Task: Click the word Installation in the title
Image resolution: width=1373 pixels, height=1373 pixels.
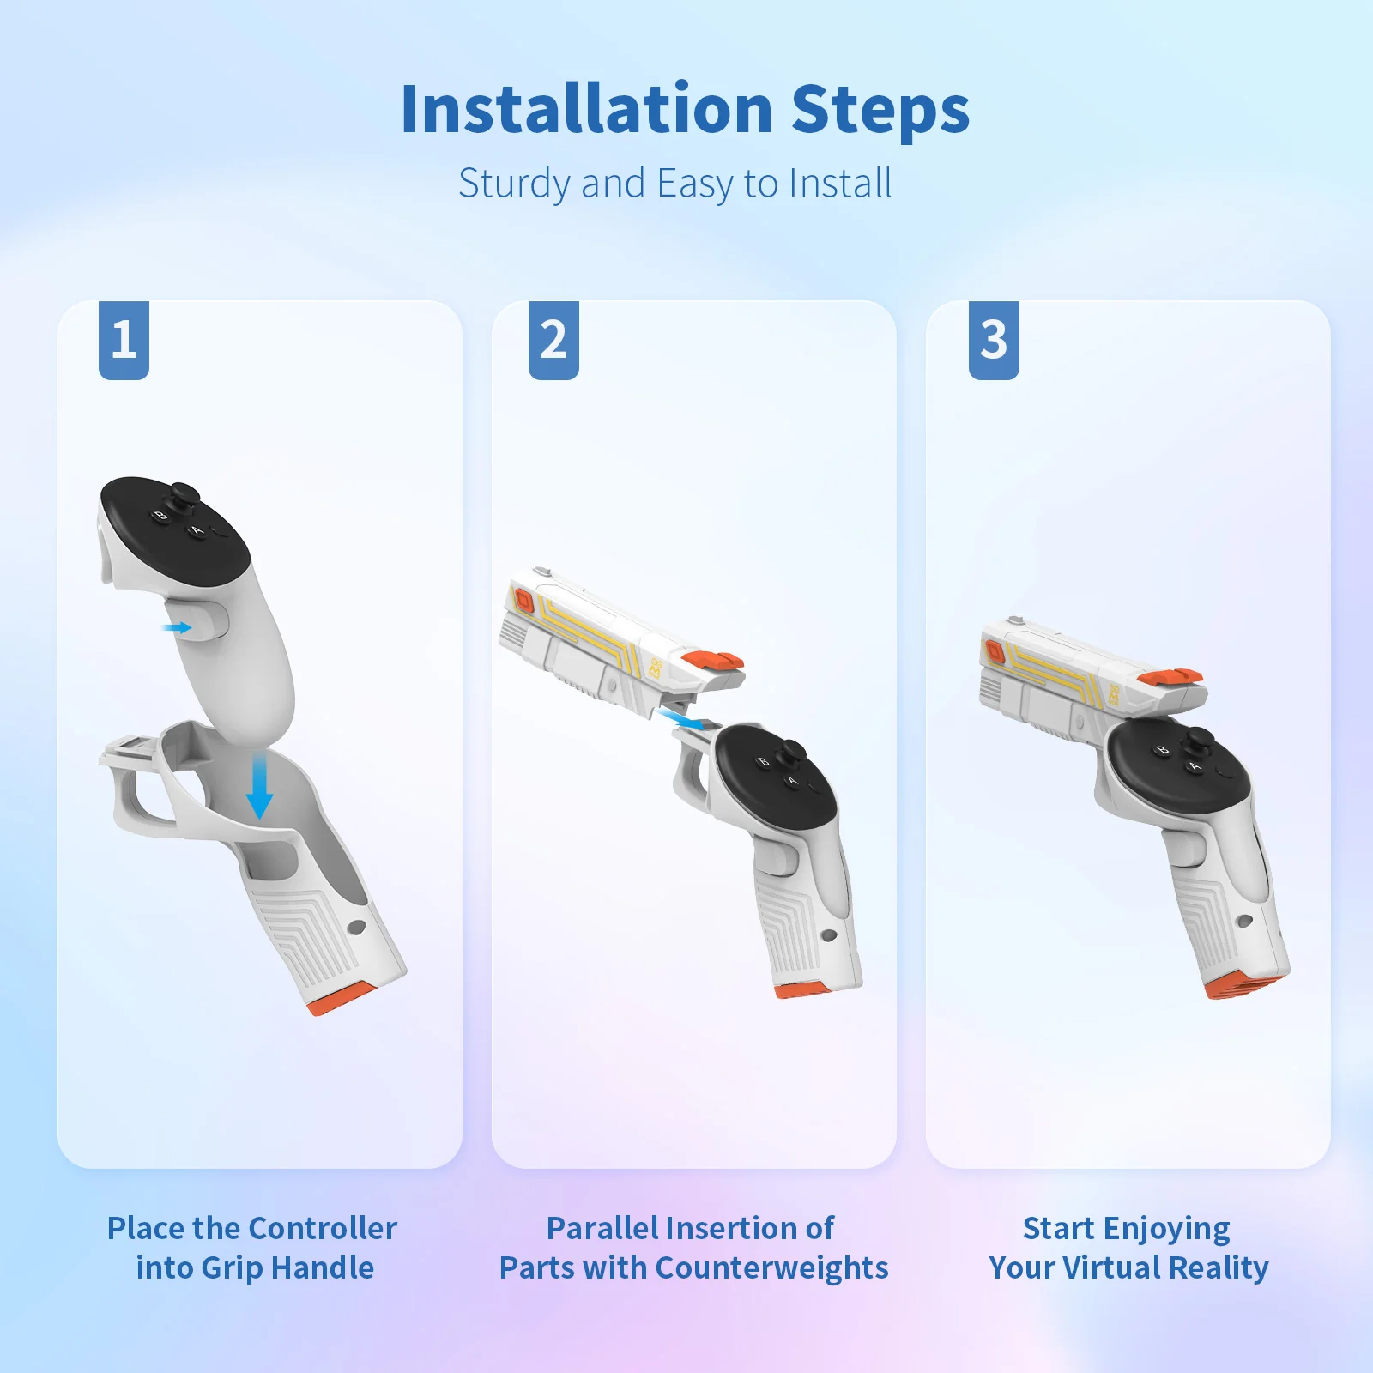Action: [x=587, y=110]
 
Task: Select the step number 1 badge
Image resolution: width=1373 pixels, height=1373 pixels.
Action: [x=124, y=340]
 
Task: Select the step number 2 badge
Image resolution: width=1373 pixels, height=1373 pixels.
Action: [x=553, y=340]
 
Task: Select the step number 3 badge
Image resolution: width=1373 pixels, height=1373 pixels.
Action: [x=994, y=340]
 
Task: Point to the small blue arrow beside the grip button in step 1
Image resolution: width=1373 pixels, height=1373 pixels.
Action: [x=177, y=628]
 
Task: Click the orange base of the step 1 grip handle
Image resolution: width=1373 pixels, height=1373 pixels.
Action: [x=342, y=999]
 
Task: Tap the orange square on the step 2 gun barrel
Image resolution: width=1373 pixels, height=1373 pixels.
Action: [x=523, y=602]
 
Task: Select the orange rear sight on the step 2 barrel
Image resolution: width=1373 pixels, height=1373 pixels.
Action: [x=714, y=661]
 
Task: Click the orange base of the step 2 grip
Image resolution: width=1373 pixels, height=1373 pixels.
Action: [x=802, y=989]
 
